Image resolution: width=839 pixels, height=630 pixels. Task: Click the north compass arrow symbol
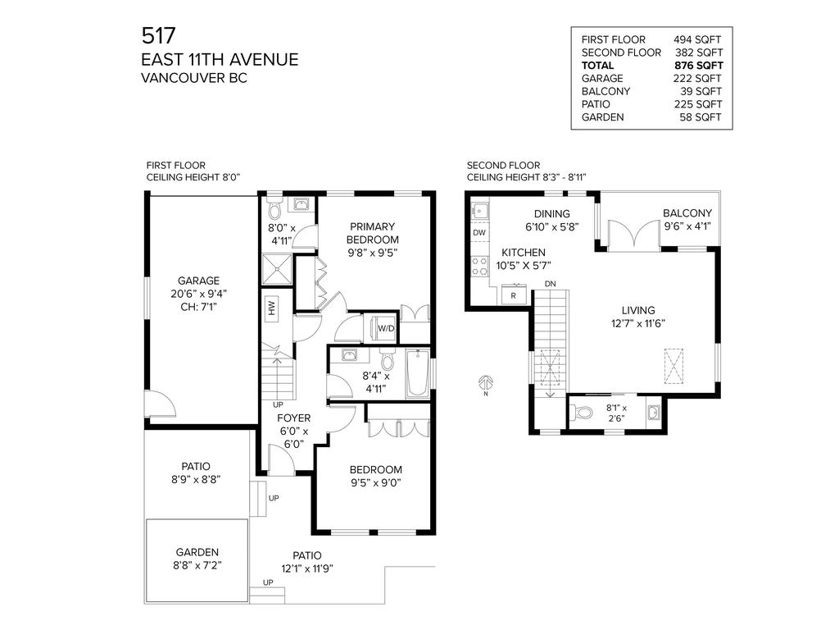coord(486,384)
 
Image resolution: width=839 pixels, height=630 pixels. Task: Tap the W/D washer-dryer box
coord(385,329)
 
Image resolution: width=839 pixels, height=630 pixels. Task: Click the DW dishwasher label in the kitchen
coord(479,233)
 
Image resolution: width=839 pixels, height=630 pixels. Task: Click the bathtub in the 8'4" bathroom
coord(418,372)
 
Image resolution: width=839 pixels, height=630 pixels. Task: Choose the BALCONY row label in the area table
coord(605,91)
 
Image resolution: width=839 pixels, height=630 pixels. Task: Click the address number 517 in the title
coord(158,35)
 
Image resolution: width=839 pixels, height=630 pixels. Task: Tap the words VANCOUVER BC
coord(193,78)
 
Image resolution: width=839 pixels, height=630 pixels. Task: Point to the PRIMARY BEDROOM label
coord(372,234)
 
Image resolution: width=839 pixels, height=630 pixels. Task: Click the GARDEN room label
coord(197,552)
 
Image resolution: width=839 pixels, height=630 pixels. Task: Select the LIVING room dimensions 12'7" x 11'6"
coord(637,323)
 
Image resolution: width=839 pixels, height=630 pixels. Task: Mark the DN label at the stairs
coord(551,284)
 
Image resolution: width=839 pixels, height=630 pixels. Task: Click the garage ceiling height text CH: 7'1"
coord(199,306)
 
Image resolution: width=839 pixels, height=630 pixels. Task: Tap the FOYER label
coord(293,418)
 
